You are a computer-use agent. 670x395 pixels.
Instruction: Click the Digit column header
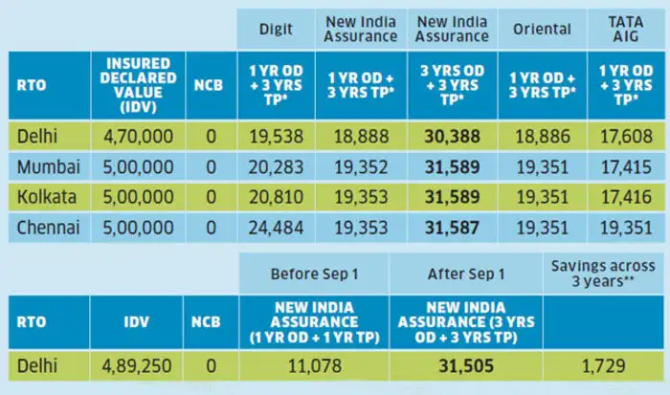277,30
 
